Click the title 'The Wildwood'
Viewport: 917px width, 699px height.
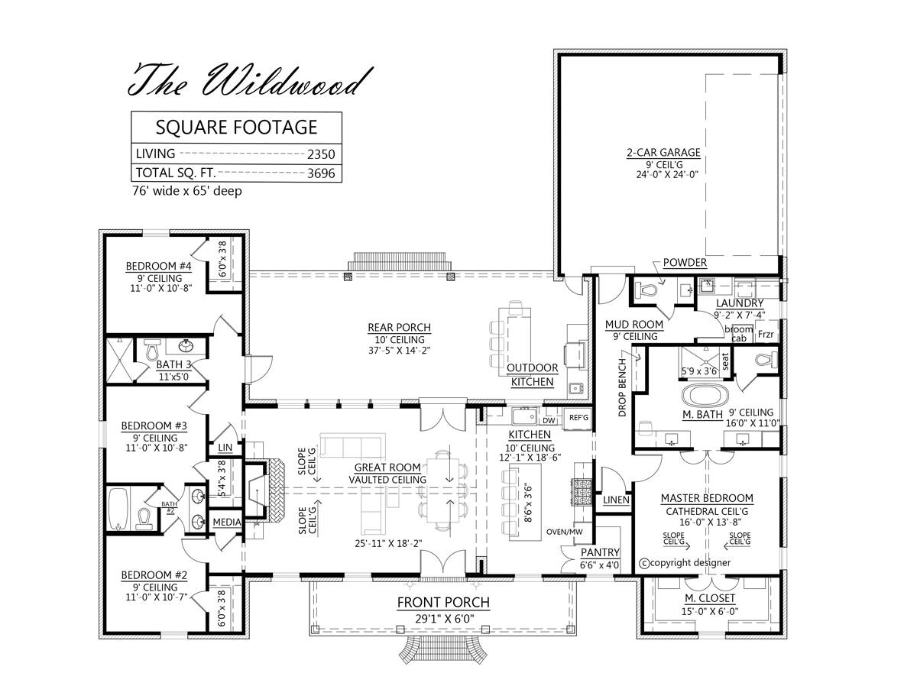pos(252,79)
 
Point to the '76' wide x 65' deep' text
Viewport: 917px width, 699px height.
pos(186,191)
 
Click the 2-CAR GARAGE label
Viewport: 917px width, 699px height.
pos(663,152)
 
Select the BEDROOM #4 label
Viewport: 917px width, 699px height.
pos(159,266)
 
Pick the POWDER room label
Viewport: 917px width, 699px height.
pos(684,263)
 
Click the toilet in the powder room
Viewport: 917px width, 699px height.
pos(646,290)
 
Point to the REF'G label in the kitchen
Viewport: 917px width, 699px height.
pos(578,417)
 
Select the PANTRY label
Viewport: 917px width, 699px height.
pos(599,552)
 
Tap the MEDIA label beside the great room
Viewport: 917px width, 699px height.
pos(227,523)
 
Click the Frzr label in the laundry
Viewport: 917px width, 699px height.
pos(765,335)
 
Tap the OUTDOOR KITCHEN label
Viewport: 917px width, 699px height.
pos(532,374)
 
